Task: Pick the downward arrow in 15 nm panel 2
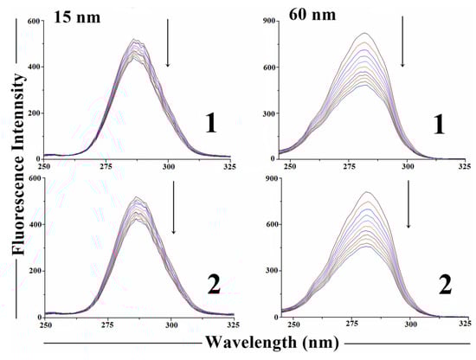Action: pyautogui.click(x=174, y=212)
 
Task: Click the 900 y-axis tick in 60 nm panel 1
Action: pyautogui.click(x=268, y=20)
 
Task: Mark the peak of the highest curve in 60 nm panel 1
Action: pyautogui.click(x=364, y=33)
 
